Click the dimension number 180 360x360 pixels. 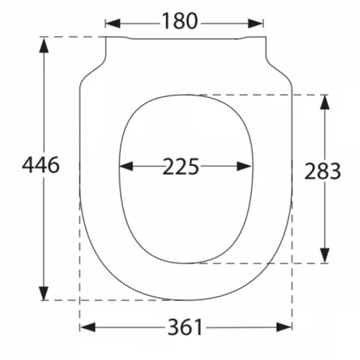click(180, 21)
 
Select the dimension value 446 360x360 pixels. click(41, 165)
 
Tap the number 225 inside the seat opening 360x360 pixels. click(180, 166)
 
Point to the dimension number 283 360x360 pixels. click(322, 171)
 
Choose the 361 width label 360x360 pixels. click(185, 327)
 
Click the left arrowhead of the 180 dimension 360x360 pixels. click(113, 23)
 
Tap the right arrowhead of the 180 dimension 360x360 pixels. click(255, 23)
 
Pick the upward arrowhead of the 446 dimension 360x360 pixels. click(44, 45)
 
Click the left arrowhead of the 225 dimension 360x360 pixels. click(126, 166)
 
